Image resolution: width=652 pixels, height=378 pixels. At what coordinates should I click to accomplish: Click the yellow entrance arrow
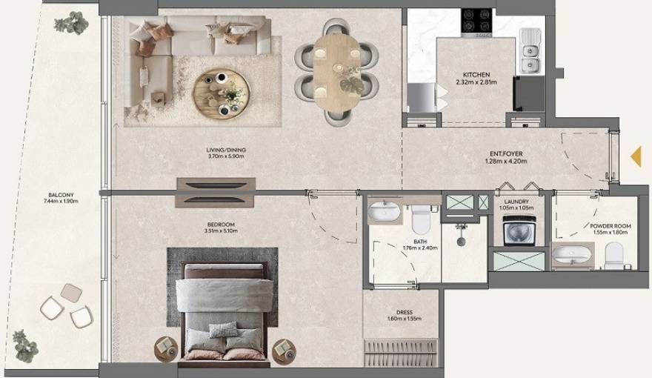[x=635, y=156]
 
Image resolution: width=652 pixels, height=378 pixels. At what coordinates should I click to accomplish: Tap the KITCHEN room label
[x=476, y=76]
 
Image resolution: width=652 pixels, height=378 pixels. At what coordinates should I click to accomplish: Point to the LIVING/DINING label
[x=226, y=150]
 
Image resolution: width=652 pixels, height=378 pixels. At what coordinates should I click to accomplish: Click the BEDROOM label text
[x=221, y=225]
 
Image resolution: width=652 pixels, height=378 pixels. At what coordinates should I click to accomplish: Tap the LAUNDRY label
[x=515, y=201]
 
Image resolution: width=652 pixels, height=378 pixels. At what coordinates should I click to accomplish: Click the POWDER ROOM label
[x=611, y=227]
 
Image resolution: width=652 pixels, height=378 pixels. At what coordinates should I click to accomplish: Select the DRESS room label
[x=404, y=313]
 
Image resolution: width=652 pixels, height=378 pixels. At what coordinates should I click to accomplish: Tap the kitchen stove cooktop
[x=479, y=21]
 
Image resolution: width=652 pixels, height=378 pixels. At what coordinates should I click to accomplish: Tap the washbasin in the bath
[x=384, y=212]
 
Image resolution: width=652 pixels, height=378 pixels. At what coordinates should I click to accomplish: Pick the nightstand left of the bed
[x=165, y=346]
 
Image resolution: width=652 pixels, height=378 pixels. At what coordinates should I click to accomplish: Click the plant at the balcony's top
[x=70, y=24]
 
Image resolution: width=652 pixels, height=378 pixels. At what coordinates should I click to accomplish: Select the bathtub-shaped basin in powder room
[x=572, y=256]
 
